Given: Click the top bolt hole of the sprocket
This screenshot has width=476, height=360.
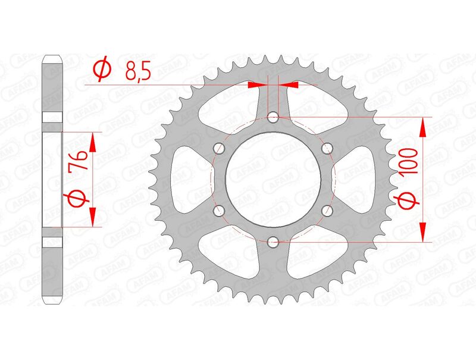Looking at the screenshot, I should [273, 117].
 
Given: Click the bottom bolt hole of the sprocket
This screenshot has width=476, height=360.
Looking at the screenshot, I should [273, 241].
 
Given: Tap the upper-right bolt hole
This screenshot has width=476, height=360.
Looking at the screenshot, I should [327, 148].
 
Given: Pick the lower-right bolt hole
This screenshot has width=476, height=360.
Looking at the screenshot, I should [327, 210].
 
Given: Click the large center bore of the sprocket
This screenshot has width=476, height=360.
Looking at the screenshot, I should [273, 179].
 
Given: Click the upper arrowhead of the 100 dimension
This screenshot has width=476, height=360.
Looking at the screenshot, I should [423, 126].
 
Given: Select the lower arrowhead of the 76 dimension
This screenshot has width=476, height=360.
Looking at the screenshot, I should [92, 217].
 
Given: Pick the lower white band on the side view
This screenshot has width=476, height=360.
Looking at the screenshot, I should [52, 243].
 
